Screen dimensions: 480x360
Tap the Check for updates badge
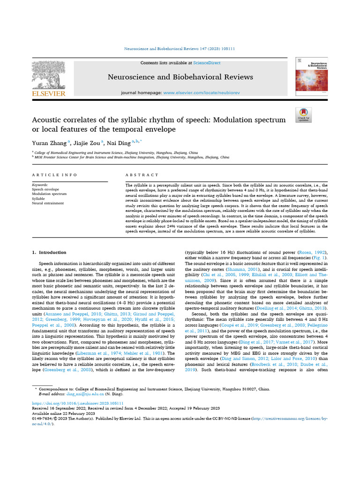click(303, 115)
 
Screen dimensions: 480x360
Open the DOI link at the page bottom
click(78, 403)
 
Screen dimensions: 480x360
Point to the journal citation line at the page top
click(180, 49)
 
